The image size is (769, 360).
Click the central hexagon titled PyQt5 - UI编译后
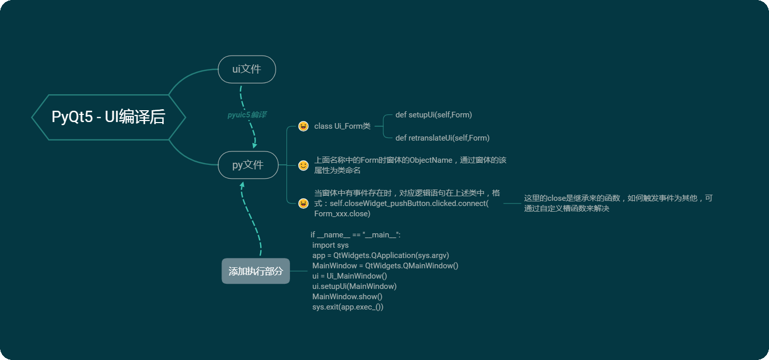tap(108, 117)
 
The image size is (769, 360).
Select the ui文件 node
tap(247, 69)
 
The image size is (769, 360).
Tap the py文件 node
tap(248, 165)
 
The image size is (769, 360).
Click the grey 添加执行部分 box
tap(255, 271)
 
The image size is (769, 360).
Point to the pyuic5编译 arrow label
tap(247, 115)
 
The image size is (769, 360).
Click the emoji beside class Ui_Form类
tap(303, 126)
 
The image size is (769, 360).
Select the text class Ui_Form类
tap(342, 126)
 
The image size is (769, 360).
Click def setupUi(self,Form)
tap(433, 115)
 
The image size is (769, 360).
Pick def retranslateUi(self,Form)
tap(442, 138)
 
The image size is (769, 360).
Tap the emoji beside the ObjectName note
tap(303, 165)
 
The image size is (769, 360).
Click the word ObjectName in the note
tap(431, 160)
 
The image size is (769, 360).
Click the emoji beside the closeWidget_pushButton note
tap(303, 203)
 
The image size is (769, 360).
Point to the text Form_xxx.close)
tap(342, 214)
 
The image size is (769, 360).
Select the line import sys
tap(330, 245)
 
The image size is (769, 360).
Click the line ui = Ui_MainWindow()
tap(349, 276)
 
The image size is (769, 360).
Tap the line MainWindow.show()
tap(347, 297)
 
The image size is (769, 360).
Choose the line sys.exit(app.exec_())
tap(348, 307)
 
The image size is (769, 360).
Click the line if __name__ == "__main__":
tap(355, 235)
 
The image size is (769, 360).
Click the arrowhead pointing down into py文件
tap(254, 146)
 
